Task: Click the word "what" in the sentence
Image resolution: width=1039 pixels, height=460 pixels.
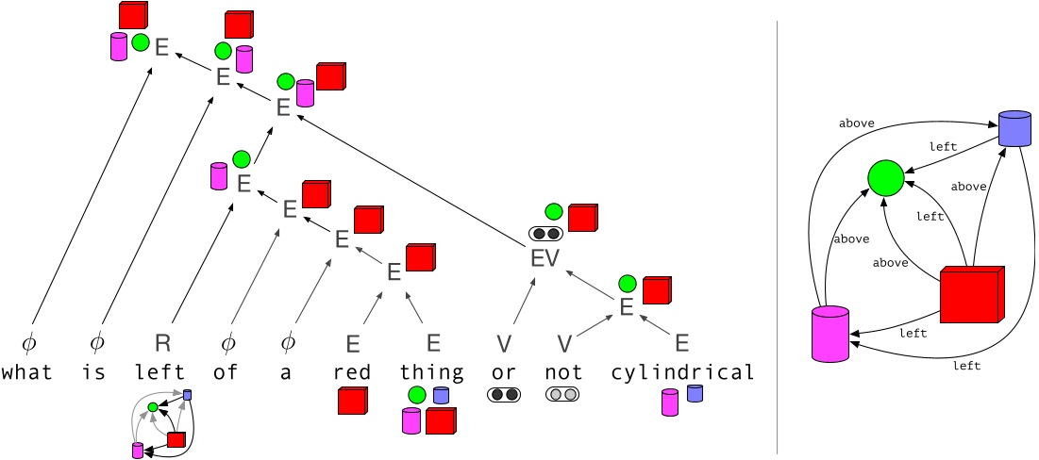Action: [x=26, y=372]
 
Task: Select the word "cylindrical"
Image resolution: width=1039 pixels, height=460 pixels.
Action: [x=682, y=372]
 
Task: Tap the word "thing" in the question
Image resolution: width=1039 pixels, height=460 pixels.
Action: [x=432, y=372]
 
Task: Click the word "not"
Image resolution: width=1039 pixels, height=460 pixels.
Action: [x=563, y=372]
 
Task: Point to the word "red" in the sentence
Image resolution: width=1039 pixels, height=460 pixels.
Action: [x=353, y=372]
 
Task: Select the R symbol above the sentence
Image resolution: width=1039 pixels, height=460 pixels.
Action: [x=161, y=342]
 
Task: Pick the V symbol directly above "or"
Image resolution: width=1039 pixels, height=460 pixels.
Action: [x=505, y=342]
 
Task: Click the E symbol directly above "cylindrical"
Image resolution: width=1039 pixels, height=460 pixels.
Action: [x=682, y=342]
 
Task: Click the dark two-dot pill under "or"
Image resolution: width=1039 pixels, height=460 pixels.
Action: [x=504, y=395]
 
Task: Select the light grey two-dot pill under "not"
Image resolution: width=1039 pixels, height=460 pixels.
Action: [x=562, y=395]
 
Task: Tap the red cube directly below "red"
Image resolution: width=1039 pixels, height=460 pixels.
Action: [x=352, y=402]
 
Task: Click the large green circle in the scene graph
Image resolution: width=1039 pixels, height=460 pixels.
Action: [x=886, y=177]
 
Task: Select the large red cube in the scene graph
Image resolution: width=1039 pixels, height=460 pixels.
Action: [x=971, y=295]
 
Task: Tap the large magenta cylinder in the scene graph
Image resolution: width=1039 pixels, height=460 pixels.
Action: [x=830, y=334]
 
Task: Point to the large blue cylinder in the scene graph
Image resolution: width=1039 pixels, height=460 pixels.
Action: [x=1014, y=128]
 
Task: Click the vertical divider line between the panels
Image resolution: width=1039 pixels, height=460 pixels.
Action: [x=777, y=236]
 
